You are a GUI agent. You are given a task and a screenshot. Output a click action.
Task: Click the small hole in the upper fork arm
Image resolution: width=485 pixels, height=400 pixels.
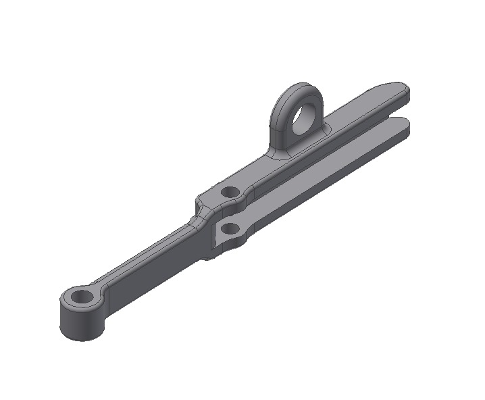tap(230, 192)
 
